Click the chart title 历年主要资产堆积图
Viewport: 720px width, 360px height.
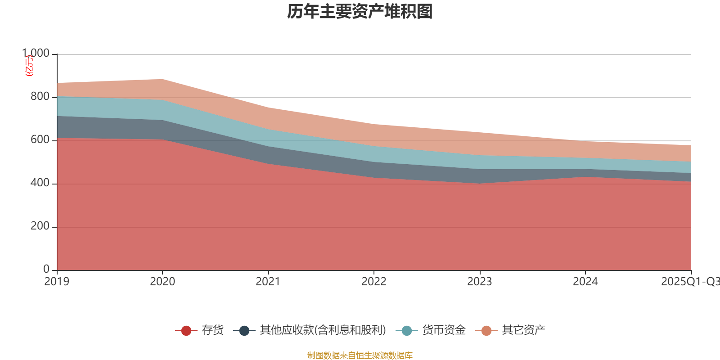click(x=360, y=12)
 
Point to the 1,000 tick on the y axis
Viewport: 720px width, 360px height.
click(x=36, y=54)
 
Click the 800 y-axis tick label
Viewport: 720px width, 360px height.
click(x=40, y=97)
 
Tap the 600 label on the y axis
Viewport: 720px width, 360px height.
click(x=40, y=140)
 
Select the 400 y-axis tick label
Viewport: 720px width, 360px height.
click(x=40, y=183)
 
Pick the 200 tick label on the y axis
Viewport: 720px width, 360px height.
click(x=40, y=226)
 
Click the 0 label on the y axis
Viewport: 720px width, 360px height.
click(x=46, y=269)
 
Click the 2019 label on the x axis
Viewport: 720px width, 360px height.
click(x=57, y=282)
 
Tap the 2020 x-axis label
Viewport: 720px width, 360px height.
click(x=162, y=282)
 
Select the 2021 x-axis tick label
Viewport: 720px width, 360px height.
click(x=268, y=282)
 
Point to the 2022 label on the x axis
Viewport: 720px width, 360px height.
click(x=374, y=282)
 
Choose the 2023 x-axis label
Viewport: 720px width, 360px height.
click(x=480, y=282)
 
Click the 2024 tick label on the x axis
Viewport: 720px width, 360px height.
click(x=585, y=282)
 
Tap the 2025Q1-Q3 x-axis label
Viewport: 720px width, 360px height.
click(x=689, y=282)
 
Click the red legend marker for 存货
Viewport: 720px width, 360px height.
click(x=186, y=331)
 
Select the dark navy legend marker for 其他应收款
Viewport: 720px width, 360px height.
click(x=244, y=331)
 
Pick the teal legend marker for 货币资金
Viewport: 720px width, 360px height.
click(x=407, y=331)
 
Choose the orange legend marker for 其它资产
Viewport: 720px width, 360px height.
click(x=486, y=331)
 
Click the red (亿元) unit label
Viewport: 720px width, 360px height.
click(x=29, y=66)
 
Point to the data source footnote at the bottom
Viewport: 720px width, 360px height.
click(x=360, y=355)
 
